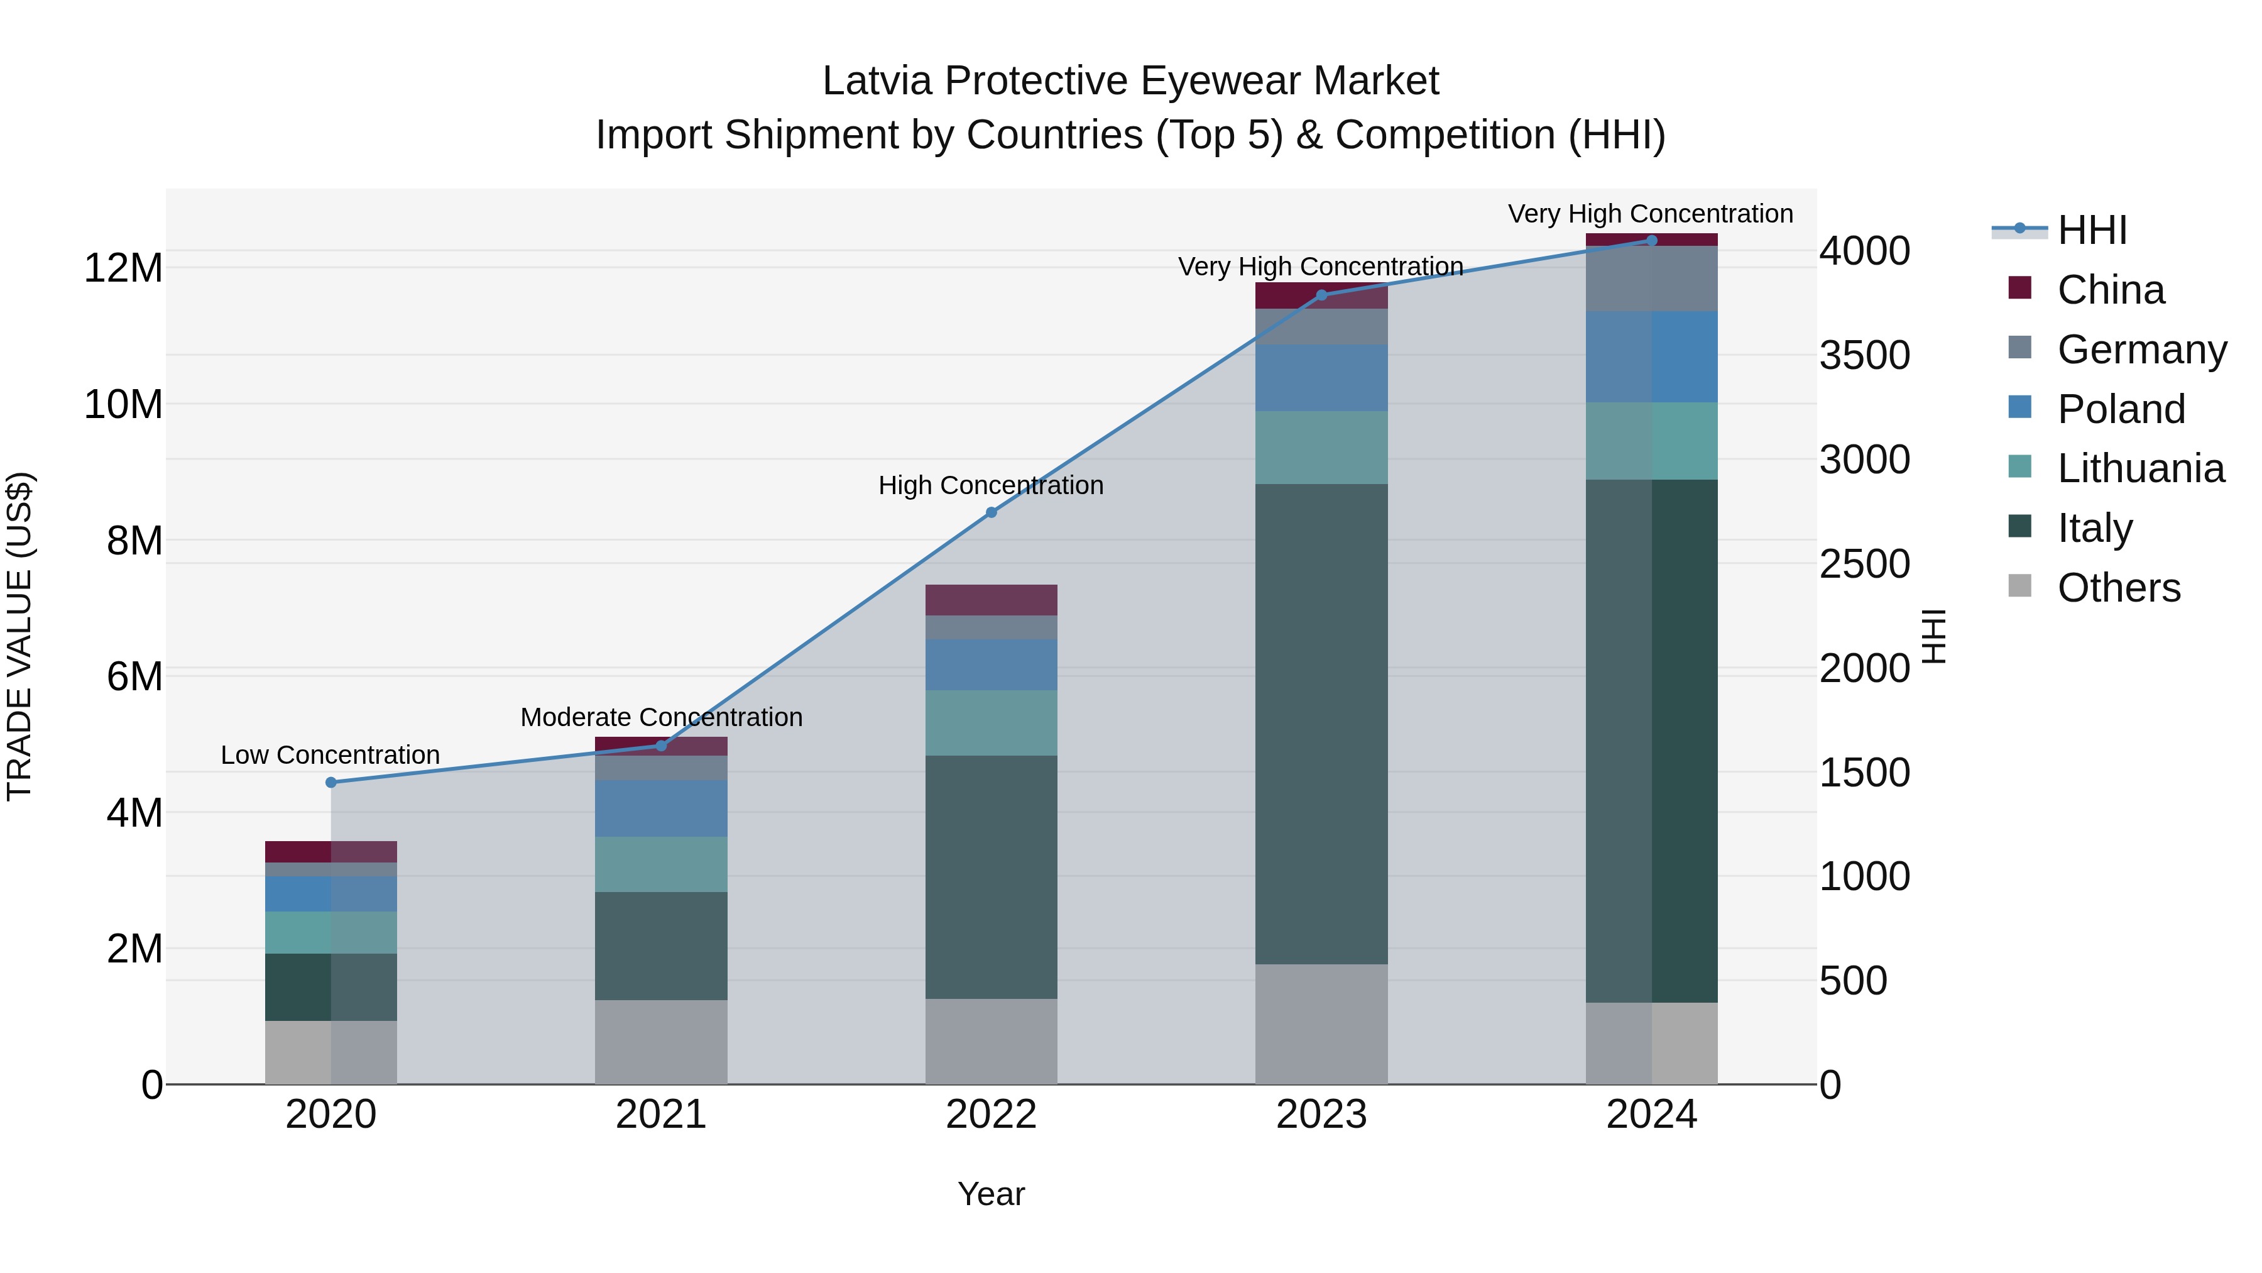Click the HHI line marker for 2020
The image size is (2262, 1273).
coord(331,782)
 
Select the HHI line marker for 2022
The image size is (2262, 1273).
coord(992,512)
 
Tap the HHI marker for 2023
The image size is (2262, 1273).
coord(1321,295)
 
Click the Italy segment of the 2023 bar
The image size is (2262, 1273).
coord(1321,724)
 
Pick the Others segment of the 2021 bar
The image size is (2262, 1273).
coord(661,1042)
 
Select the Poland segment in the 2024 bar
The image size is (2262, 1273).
coord(1652,356)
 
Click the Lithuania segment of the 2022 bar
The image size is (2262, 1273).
coord(992,723)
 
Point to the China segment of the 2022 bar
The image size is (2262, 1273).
coord(992,600)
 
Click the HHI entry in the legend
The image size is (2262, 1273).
coord(2092,230)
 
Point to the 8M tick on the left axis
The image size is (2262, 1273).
coord(134,540)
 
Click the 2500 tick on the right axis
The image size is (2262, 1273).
coord(1864,563)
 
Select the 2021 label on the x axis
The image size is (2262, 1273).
coord(661,1115)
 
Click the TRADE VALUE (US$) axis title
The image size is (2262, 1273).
coord(19,636)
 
